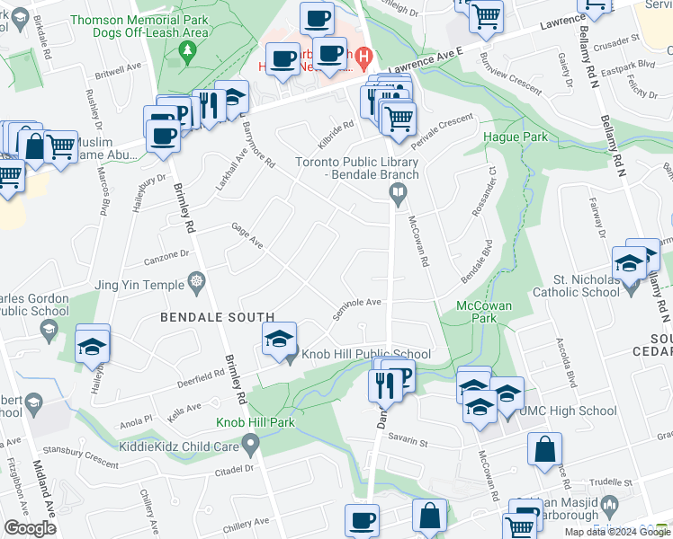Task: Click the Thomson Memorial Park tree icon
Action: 187,51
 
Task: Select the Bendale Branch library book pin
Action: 397,193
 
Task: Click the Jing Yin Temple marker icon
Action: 197,285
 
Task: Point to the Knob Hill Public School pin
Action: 290,355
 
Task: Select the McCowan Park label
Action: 484,313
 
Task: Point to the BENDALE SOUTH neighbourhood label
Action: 217,317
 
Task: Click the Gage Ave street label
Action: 246,237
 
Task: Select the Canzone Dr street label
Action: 165,258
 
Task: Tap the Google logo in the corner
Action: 30,528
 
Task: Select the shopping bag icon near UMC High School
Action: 545,449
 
